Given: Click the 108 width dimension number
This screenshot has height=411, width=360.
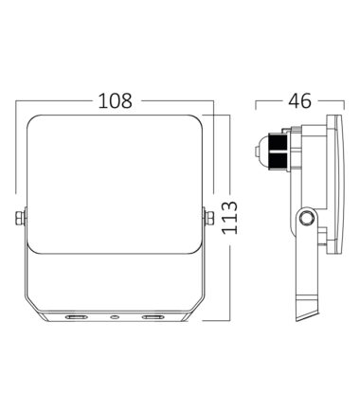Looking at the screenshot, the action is click(116, 100).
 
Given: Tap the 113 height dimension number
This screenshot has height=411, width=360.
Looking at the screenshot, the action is click(229, 217).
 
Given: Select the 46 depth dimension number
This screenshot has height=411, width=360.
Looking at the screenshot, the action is click(299, 100).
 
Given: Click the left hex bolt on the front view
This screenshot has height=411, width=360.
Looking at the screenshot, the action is click(21, 218).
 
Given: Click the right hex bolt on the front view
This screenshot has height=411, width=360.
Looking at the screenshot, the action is click(208, 218).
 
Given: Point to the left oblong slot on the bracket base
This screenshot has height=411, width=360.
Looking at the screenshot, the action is click(76, 316).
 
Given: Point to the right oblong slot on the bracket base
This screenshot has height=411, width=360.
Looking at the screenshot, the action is click(153, 316).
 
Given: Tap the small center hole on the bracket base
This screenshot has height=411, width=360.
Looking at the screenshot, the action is click(115, 316).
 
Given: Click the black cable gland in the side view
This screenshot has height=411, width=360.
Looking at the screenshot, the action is click(278, 152).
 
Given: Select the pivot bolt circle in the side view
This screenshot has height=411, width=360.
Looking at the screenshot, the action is click(306, 218).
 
